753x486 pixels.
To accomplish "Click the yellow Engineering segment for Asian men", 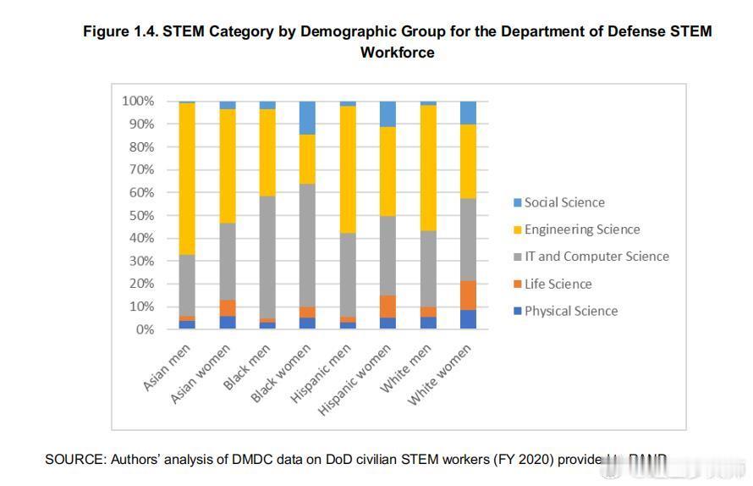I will coord(187,178).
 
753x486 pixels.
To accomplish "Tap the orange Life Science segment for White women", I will coord(468,295).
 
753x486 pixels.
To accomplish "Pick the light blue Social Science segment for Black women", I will coord(308,118).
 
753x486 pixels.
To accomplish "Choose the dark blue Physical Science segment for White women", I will coord(468,319).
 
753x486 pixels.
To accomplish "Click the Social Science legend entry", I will coord(564,202).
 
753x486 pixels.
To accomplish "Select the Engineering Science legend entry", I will coord(582,229).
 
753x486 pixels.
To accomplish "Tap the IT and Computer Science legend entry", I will coord(596,257).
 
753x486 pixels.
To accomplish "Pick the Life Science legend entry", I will coord(558,284).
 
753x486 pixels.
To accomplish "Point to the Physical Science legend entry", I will coord(571,311).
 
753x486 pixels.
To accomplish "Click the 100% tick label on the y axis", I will coord(137,101).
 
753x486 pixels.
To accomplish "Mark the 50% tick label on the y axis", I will coord(140,215).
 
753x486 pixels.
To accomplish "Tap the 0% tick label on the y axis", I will coord(144,329).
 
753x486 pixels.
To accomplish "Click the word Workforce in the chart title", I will coord(397,52).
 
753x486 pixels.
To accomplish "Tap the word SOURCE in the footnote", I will coord(73,460).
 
